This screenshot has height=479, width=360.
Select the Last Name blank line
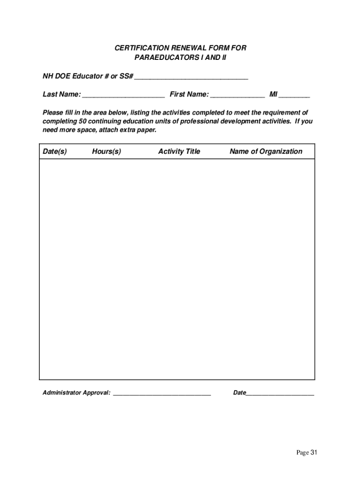pyautogui.click(x=123, y=95)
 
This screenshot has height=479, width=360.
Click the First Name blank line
pyautogui.click(x=238, y=95)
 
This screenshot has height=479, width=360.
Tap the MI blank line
pyautogui.click(x=295, y=95)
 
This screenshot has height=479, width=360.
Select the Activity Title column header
pyautogui.click(x=179, y=152)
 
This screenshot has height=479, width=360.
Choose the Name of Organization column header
pyautogui.click(x=266, y=152)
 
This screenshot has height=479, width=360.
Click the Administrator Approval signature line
pyautogui.click(x=162, y=394)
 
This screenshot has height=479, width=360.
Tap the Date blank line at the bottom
pyautogui.click(x=280, y=394)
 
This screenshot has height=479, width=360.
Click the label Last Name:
pyautogui.click(x=61, y=94)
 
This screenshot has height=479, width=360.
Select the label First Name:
pyautogui.click(x=189, y=94)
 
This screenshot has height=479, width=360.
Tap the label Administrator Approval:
pyautogui.click(x=77, y=393)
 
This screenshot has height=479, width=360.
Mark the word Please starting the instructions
pyautogui.click(x=53, y=113)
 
